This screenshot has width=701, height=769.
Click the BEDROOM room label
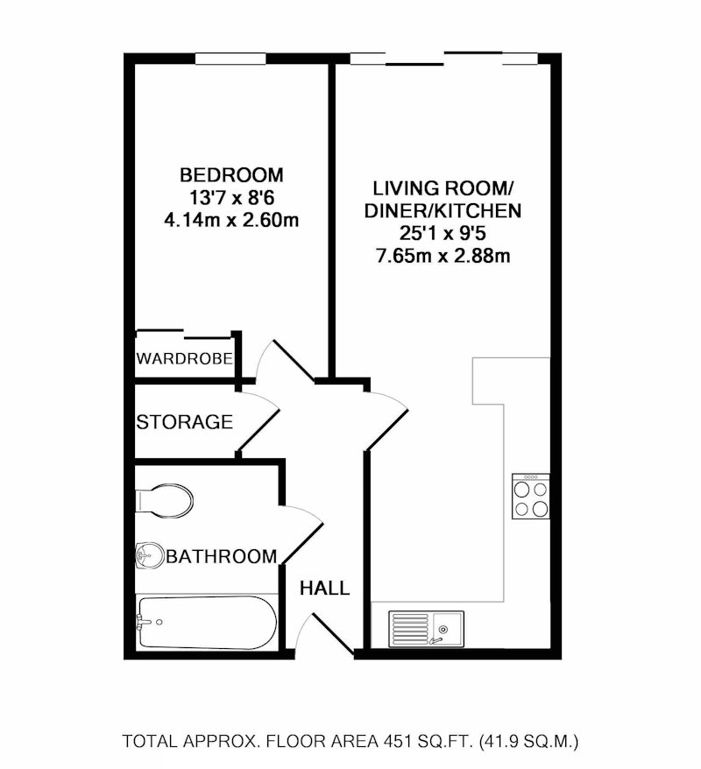coord(231,175)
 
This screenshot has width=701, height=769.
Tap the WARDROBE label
coord(184,358)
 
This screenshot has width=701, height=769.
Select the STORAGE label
coord(184,422)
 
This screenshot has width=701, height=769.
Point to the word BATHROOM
coord(222,556)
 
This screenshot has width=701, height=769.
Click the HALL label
coord(325,588)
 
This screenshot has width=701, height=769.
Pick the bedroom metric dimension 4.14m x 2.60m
coord(231,220)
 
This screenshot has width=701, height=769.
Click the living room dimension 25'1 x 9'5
coord(443,234)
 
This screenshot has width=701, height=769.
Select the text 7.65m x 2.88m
coord(443,256)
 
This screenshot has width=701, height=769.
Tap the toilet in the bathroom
coord(165,501)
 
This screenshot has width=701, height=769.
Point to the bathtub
coord(207,623)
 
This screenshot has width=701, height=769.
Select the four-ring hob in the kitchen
coord(531,497)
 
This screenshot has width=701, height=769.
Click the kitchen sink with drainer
coord(426,629)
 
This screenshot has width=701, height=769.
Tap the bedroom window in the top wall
coord(230,59)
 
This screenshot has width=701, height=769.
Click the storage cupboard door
coord(258,422)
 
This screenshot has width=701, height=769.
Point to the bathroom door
coord(302,535)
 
